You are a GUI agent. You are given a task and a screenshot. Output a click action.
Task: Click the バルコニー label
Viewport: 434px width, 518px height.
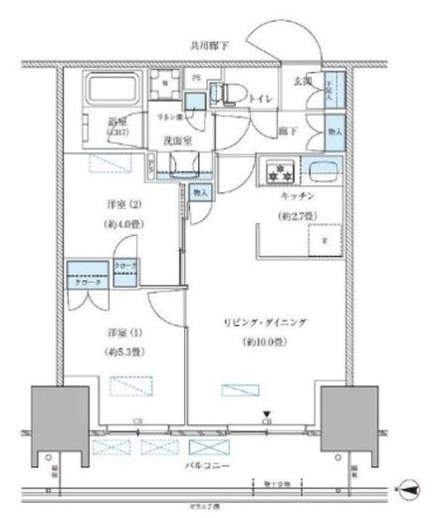[207, 465]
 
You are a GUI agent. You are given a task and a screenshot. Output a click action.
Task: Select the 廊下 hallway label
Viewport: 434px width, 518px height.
[286, 129]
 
